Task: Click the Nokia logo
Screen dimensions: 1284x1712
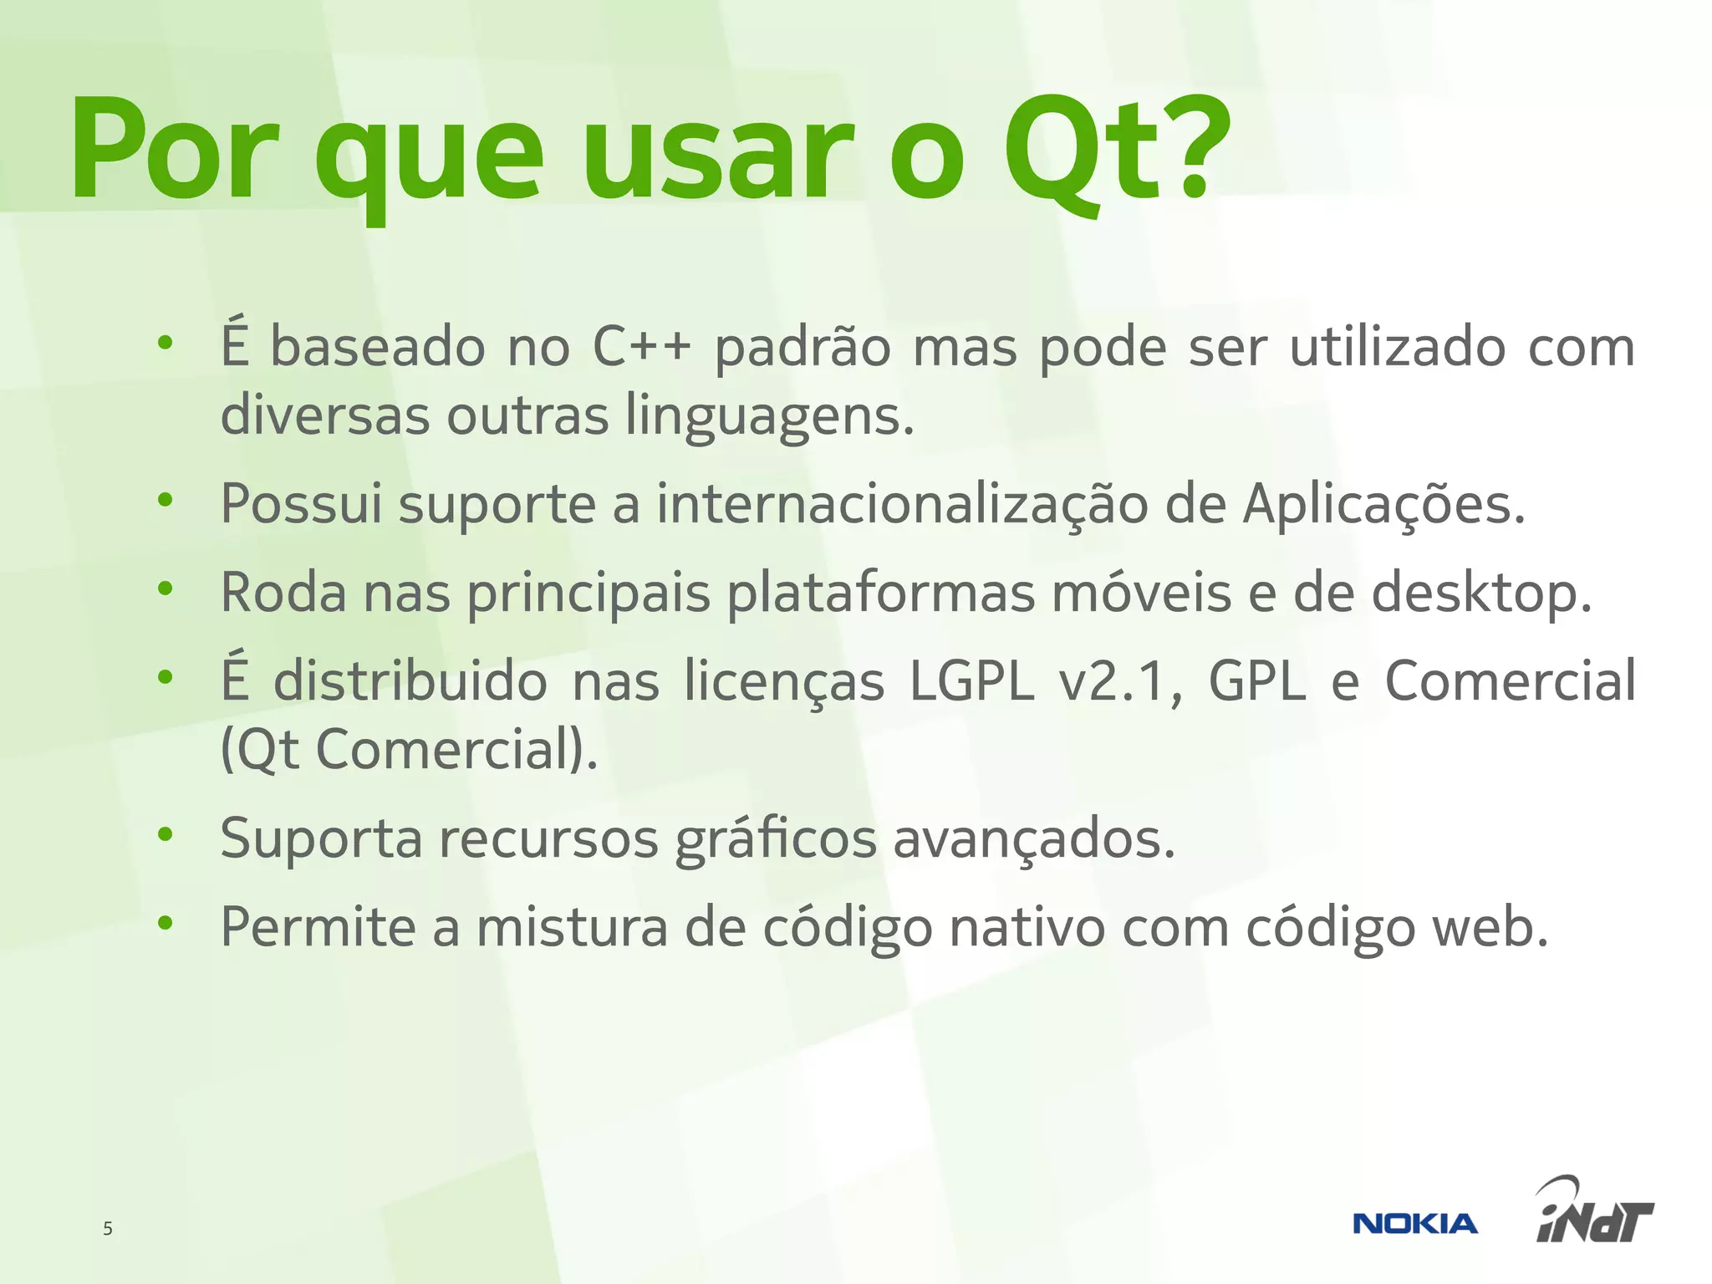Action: (x=1414, y=1224)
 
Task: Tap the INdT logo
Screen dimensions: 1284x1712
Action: (x=1594, y=1212)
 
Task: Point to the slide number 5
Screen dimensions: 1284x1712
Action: (x=107, y=1228)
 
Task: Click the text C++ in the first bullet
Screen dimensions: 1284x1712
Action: (x=642, y=347)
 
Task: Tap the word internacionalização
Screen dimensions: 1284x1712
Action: (x=902, y=505)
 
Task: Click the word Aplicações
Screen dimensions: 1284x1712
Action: (x=1383, y=505)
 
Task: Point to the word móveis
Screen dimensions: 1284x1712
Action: (x=1141, y=592)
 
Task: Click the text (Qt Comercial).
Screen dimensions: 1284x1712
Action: (x=409, y=750)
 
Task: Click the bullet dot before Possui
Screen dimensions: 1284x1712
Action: (x=166, y=500)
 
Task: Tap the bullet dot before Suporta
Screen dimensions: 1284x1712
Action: (x=166, y=833)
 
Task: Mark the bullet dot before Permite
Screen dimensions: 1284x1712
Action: (x=166, y=923)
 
